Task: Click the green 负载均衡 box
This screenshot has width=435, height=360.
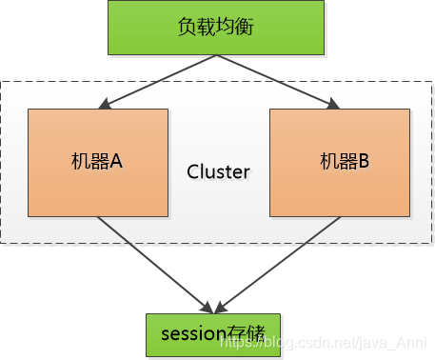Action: pos(216,28)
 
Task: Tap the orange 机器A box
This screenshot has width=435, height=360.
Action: pos(98,163)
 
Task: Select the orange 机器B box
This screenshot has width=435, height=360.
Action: pos(340,163)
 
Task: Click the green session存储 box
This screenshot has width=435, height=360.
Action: pos(213,335)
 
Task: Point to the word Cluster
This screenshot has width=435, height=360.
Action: pos(218,172)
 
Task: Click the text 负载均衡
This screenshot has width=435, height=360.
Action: pos(216,27)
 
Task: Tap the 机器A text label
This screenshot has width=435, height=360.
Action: pos(97,161)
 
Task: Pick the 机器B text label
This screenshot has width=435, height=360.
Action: pos(345,161)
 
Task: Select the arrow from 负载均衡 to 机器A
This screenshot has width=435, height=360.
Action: pos(157,82)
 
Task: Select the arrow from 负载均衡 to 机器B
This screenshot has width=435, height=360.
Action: pos(278,82)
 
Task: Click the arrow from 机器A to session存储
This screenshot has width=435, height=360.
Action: pos(155,265)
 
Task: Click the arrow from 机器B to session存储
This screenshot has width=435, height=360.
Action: pos(278,265)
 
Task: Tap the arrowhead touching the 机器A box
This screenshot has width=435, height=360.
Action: pos(105,104)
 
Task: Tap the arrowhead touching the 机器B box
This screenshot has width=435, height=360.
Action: pos(333,104)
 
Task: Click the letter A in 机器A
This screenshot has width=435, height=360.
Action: pos(116,161)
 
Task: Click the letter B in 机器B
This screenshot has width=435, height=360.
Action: pos(364,161)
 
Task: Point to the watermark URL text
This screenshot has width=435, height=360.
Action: pos(323,343)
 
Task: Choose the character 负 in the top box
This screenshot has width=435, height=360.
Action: pos(187,27)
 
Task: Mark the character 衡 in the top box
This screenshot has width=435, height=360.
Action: pos(245,27)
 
